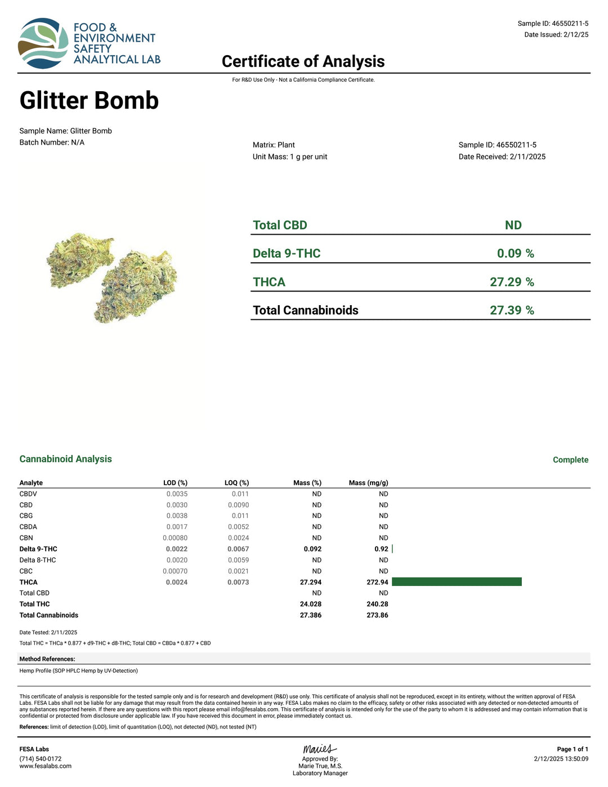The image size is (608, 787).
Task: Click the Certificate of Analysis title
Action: [303, 61]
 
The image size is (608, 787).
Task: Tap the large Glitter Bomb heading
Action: [89, 101]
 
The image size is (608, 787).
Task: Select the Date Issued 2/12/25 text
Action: [556, 35]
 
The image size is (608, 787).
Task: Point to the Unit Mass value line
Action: [289, 157]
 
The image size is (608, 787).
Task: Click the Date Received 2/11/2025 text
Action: [502, 157]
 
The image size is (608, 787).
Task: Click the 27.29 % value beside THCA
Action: [512, 282]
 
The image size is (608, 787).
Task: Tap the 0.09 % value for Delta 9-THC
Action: [515, 254]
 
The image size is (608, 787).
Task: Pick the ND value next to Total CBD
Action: [513, 225]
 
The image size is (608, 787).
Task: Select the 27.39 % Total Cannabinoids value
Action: [512, 310]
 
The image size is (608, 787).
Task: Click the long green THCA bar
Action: [457, 582]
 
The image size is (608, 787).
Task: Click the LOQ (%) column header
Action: [236, 483]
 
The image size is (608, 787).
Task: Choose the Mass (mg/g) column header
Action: [368, 483]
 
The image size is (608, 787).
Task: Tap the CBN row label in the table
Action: [26, 538]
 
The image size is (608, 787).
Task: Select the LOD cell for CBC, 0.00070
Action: [175, 571]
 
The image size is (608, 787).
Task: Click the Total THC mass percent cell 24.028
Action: [311, 604]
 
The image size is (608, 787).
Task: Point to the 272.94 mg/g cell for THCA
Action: [377, 582]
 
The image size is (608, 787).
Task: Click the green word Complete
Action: [570, 460]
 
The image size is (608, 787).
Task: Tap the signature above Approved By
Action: [319, 749]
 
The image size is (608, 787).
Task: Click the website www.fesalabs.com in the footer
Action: [46, 766]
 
